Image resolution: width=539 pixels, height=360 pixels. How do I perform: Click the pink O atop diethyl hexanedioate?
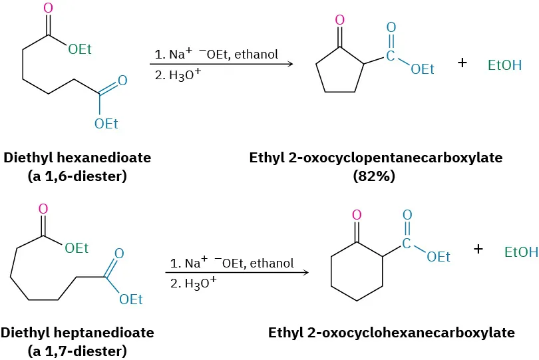(x=47, y=9)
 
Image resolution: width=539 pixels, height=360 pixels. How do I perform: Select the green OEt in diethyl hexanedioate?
(x=80, y=51)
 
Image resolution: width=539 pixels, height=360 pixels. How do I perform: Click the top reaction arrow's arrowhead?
(x=290, y=65)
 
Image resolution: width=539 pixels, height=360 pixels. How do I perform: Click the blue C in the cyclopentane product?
(x=391, y=56)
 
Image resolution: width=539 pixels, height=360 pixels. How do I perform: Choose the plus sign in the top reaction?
(x=463, y=63)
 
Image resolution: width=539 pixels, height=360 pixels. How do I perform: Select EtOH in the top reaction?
(x=505, y=65)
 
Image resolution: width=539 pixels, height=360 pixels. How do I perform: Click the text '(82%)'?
(x=374, y=177)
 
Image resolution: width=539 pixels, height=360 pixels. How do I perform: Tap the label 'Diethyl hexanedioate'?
(x=77, y=158)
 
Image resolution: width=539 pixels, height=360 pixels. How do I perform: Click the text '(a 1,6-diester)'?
(x=78, y=177)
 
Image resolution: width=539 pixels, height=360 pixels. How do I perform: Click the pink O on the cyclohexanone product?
(x=357, y=215)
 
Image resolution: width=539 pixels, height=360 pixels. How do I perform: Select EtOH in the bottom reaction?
(x=521, y=252)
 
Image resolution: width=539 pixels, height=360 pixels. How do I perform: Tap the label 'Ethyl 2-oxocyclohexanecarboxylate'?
(x=391, y=333)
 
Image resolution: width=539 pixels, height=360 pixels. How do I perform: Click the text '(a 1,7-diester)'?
(x=78, y=351)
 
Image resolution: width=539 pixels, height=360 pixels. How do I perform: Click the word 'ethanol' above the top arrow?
(x=258, y=54)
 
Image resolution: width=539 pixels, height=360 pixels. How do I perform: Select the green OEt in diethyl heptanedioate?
(x=77, y=248)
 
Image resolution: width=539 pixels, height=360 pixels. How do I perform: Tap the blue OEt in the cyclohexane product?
(x=439, y=257)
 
